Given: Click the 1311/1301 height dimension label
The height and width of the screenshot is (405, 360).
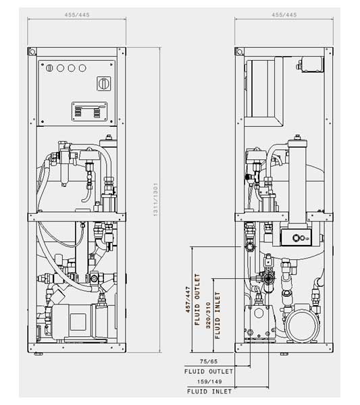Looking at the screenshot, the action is pyautogui.click(x=155, y=199).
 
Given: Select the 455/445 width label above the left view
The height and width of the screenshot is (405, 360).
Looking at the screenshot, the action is pyautogui.click(x=77, y=15).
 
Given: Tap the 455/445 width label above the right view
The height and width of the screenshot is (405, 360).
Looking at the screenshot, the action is pyautogui.click(x=284, y=15).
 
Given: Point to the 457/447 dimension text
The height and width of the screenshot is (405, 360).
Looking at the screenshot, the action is pyautogui.click(x=188, y=299).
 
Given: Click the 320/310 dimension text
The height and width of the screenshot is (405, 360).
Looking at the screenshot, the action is pyautogui.click(x=208, y=315).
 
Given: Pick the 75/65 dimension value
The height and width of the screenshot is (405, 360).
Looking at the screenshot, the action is pyautogui.click(x=209, y=361).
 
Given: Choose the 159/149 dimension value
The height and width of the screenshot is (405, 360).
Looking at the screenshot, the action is pyautogui.click(x=209, y=381).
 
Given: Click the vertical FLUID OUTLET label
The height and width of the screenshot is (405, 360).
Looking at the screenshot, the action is pyautogui.click(x=197, y=299).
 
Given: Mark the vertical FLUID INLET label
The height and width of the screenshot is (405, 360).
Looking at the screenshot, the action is pyautogui.click(x=217, y=315).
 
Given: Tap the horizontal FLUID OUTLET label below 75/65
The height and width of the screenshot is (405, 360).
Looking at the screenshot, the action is pyautogui.click(x=209, y=371).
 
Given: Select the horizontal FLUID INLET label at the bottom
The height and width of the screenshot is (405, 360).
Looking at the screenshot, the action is pyautogui.click(x=209, y=391).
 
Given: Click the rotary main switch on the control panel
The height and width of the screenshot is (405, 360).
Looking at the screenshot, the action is pyautogui.click(x=104, y=84).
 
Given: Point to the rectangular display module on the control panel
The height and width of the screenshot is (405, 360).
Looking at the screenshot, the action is pyautogui.click(x=89, y=111).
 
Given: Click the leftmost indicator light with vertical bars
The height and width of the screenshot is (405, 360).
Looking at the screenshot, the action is pyautogui.click(x=49, y=68).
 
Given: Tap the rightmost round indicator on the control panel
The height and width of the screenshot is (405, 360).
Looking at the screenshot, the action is pyautogui.click(x=82, y=68).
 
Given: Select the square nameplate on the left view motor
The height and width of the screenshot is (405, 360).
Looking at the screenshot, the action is pyautogui.click(x=78, y=322).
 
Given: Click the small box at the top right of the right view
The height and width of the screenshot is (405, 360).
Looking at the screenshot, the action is pyautogui.click(x=312, y=64).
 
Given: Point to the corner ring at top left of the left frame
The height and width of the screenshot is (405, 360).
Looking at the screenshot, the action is pyautogui.click(x=32, y=52).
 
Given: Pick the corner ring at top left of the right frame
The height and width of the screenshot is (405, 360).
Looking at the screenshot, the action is pyautogui.click(x=239, y=52).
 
